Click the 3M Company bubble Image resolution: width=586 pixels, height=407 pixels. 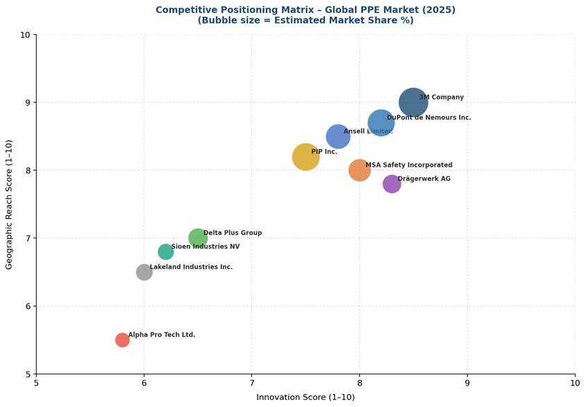click(x=412, y=103)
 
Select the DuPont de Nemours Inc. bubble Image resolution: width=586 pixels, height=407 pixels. click(x=380, y=123)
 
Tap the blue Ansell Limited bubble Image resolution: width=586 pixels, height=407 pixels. click(x=337, y=136)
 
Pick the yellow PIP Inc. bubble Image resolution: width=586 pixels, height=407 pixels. click(x=305, y=157)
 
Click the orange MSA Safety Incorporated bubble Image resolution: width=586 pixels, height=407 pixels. click(x=359, y=170)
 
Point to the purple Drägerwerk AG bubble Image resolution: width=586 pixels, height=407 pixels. click(x=392, y=184)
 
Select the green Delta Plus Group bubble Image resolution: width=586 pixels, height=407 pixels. click(x=198, y=238)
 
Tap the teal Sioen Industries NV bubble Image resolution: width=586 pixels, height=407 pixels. click(x=165, y=251)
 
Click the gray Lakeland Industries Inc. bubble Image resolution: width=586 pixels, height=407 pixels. click(x=144, y=272)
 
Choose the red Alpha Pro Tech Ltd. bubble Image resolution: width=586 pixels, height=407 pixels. click(x=122, y=340)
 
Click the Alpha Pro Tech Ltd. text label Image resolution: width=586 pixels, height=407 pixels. click(x=162, y=335)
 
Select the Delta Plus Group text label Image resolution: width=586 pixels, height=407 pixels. click(x=233, y=233)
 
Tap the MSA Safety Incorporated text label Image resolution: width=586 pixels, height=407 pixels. click(x=409, y=165)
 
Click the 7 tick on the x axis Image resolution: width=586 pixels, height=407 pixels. click(x=251, y=383)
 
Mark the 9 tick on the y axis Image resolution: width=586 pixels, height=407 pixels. click(x=26, y=103)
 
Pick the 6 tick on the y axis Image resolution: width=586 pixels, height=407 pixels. click(x=26, y=306)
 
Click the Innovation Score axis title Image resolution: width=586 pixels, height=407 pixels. click(x=305, y=397)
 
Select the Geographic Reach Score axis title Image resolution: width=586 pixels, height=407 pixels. click(x=9, y=204)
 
